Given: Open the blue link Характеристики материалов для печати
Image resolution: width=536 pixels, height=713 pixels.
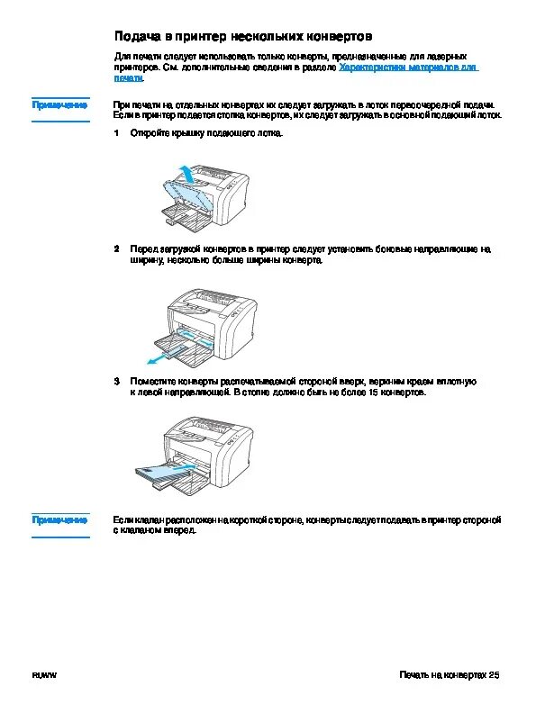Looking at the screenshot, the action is click(x=295, y=72).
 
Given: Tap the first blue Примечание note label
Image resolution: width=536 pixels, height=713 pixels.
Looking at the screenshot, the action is click(x=59, y=105).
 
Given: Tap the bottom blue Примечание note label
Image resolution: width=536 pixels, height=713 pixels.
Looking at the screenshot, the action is click(x=59, y=519).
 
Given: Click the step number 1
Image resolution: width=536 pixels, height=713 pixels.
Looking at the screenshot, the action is click(x=116, y=132).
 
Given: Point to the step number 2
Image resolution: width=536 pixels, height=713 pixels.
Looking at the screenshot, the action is click(x=116, y=249).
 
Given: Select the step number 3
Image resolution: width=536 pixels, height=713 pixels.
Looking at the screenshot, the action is click(x=116, y=381).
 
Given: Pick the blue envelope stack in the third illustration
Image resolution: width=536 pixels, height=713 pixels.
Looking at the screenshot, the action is click(x=161, y=474).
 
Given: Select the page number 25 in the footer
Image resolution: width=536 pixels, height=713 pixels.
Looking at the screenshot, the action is click(x=495, y=675).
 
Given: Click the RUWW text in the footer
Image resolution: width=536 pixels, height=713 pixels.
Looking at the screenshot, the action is click(x=44, y=675).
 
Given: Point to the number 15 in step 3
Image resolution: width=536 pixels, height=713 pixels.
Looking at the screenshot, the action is click(x=373, y=392).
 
